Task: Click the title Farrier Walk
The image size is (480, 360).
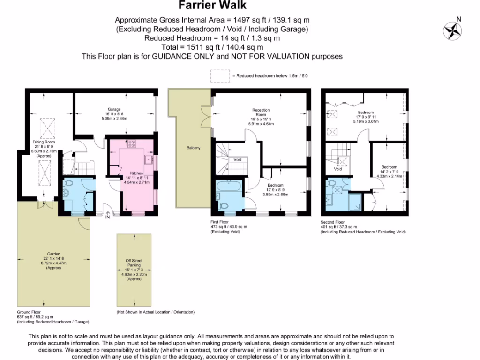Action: (x=212, y=6)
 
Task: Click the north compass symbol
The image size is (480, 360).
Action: (x=452, y=30)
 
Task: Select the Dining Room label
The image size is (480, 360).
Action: (x=44, y=142)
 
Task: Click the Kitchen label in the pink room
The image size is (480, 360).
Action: (x=136, y=173)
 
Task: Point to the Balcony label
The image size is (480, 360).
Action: (x=193, y=148)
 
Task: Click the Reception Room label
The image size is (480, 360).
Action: (x=262, y=112)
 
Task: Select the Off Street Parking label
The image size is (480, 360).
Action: (x=134, y=263)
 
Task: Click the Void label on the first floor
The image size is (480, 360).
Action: (x=238, y=159)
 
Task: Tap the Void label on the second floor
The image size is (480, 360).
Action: (x=338, y=169)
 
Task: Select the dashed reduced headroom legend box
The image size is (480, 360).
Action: (x=218, y=75)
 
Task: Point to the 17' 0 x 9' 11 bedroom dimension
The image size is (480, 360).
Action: (x=366, y=117)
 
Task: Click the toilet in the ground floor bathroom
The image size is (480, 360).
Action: (x=69, y=184)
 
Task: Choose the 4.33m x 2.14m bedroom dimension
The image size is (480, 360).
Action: (x=389, y=177)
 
